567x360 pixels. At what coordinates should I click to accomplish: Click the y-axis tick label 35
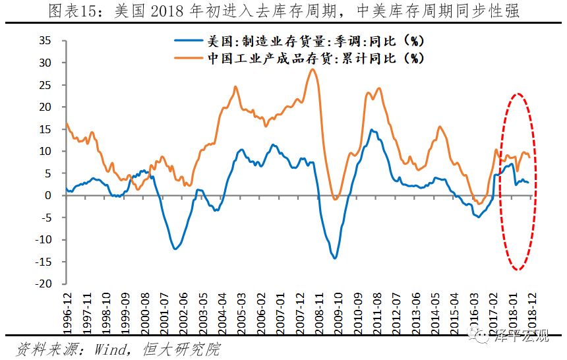[x=45, y=40]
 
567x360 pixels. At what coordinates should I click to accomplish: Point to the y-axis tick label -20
[x=42, y=284]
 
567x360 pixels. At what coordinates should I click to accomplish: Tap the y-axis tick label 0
[x=48, y=195]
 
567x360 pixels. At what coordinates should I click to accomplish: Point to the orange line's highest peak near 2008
[x=313, y=69]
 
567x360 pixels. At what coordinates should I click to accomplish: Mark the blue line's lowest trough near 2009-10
[x=334, y=258]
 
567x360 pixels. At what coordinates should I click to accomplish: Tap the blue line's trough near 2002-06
[x=175, y=249]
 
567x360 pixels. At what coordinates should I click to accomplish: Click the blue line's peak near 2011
[x=372, y=130]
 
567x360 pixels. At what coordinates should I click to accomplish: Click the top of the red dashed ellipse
[x=518, y=94]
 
